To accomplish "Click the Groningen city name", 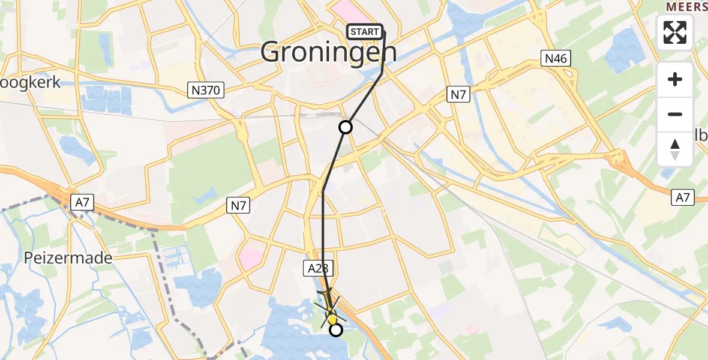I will pos(329,53).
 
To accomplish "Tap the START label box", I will pos(364,32).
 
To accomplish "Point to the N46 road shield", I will pos(555,59).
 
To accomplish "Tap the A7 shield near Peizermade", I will pos(82,203).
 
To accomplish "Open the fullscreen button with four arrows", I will pos(675,32).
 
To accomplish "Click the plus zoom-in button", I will pos(675,79).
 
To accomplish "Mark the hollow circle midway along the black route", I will pos(346,127).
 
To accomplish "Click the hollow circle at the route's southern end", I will pos(336,329).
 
